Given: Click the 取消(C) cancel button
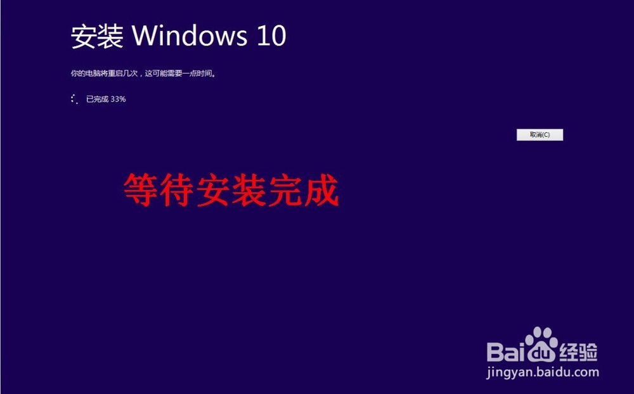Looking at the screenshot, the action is tap(540, 134).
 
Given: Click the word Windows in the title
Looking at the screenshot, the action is tap(189, 35).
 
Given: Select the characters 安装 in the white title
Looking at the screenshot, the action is tap(97, 36).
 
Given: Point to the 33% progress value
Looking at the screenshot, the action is tap(118, 99).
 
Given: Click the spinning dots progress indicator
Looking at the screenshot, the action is tap(74, 99).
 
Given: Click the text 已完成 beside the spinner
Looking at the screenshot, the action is tap(98, 99).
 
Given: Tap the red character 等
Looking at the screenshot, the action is tap(141, 190).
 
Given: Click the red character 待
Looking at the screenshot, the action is tap(177, 190).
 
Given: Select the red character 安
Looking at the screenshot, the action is tap(212, 190).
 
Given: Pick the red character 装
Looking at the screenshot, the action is tap(249, 190).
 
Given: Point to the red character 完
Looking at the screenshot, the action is tap(285, 190).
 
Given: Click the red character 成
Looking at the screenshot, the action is tap(321, 190).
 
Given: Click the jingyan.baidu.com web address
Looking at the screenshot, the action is tap(543, 372).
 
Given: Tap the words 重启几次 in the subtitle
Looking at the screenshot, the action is tap(124, 73).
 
